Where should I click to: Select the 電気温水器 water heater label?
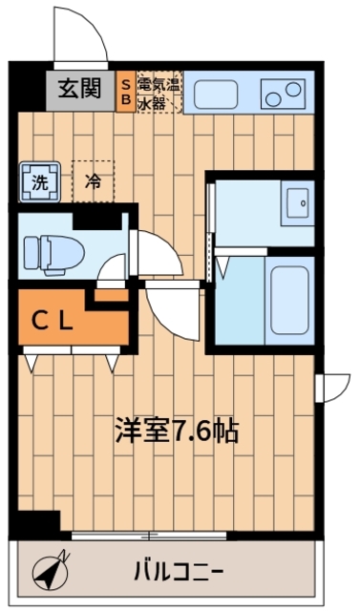point(159,91)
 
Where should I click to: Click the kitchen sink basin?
point(217,95)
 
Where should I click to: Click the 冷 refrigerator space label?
point(93,179)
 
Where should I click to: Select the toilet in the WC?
point(53,250)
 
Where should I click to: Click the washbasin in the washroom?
point(297,201)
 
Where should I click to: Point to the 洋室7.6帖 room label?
point(177,431)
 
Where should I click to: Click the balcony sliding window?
point(181,535)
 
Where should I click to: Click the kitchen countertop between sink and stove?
point(249,95)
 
